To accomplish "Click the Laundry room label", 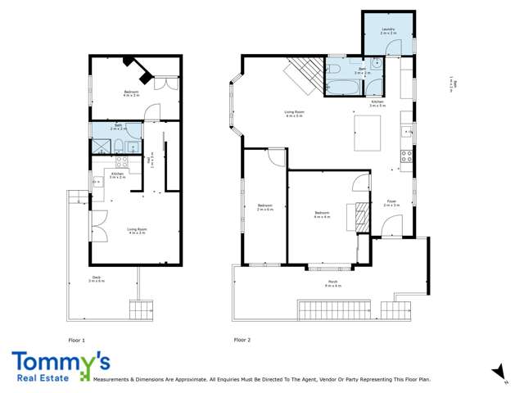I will (388, 30).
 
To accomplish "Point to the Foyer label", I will (391, 202).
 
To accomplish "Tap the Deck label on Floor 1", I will (97, 278).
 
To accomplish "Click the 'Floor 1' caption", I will (76, 338).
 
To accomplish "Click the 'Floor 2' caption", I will (242, 338).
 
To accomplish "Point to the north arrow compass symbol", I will (497, 373).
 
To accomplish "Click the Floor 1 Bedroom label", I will (131, 93).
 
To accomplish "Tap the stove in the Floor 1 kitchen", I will (122, 163).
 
